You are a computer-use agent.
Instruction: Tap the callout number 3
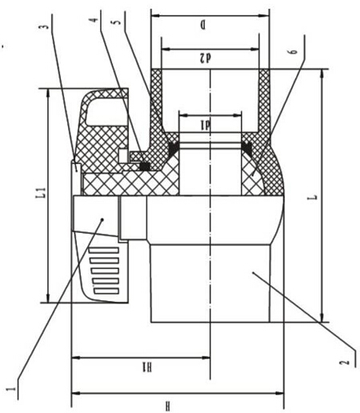[x=46, y=27]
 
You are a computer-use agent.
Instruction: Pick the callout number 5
[x=117, y=22]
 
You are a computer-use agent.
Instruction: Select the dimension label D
[x=203, y=26]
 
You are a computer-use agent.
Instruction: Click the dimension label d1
[x=206, y=125]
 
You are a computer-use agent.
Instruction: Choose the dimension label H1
[x=147, y=367]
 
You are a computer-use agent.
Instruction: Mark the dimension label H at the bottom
[x=167, y=406]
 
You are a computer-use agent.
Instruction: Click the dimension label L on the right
[x=315, y=198]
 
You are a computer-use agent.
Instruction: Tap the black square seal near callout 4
[x=145, y=166]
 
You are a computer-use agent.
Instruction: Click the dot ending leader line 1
[x=102, y=219]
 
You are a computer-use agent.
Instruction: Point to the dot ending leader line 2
[x=253, y=272]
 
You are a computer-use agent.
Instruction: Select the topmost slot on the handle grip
[x=104, y=251]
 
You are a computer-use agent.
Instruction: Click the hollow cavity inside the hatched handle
[x=106, y=111]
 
